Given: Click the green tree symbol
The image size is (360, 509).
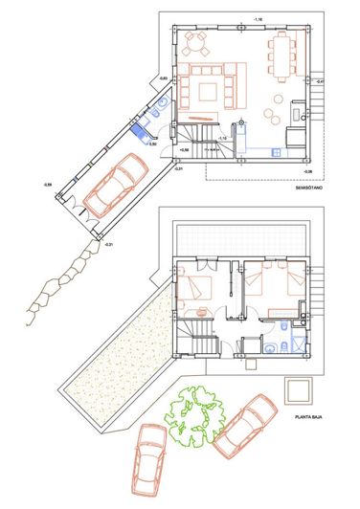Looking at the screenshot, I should (x=196, y=418).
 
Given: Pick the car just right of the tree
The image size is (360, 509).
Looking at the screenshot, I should (x=244, y=426).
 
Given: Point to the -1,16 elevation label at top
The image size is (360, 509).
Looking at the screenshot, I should (x=257, y=19).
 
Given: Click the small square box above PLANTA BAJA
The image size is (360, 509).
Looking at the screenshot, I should (x=299, y=387).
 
